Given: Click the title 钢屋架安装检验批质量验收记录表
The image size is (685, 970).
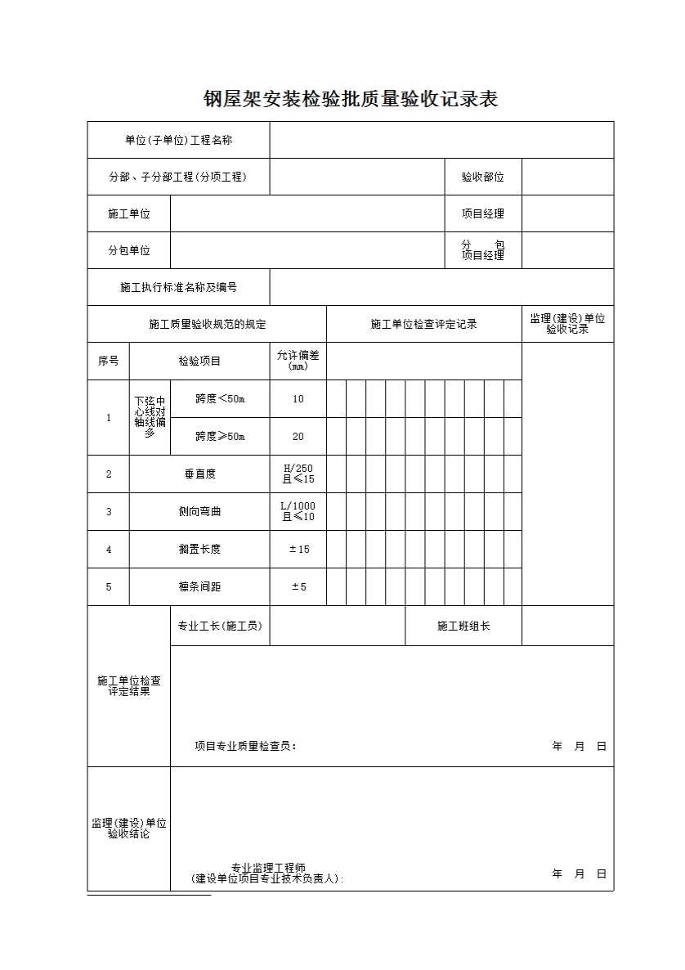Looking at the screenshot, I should (x=351, y=100).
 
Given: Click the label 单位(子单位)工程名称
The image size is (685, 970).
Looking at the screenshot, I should (x=178, y=140).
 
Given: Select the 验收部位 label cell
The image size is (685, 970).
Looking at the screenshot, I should (x=483, y=177).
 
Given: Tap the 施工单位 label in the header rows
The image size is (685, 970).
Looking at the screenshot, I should (x=129, y=213).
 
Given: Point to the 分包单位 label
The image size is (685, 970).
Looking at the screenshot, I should (x=129, y=250).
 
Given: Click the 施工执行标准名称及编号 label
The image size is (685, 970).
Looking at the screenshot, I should (x=178, y=287).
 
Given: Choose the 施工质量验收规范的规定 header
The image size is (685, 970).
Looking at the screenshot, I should (x=207, y=324).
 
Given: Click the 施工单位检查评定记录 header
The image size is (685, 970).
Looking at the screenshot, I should (x=423, y=324).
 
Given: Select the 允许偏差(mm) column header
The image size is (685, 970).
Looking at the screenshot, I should (x=298, y=361).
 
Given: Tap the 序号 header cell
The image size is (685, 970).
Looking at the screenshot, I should (x=108, y=361).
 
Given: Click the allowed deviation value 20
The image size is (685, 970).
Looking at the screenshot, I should (x=298, y=437).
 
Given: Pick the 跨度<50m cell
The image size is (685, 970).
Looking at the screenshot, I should (x=220, y=399).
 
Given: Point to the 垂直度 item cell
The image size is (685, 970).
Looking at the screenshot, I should (x=199, y=474).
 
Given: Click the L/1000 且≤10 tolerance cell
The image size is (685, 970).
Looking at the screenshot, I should (x=298, y=511).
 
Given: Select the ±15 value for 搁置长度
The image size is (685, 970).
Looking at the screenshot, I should (x=298, y=549).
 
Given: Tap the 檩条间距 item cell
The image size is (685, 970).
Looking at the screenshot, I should (x=199, y=586).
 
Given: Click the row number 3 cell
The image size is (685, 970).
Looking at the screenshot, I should (x=108, y=511).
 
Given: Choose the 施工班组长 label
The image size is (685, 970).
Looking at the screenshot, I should (x=463, y=626).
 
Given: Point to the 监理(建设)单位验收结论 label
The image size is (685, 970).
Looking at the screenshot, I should (x=129, y=829).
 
